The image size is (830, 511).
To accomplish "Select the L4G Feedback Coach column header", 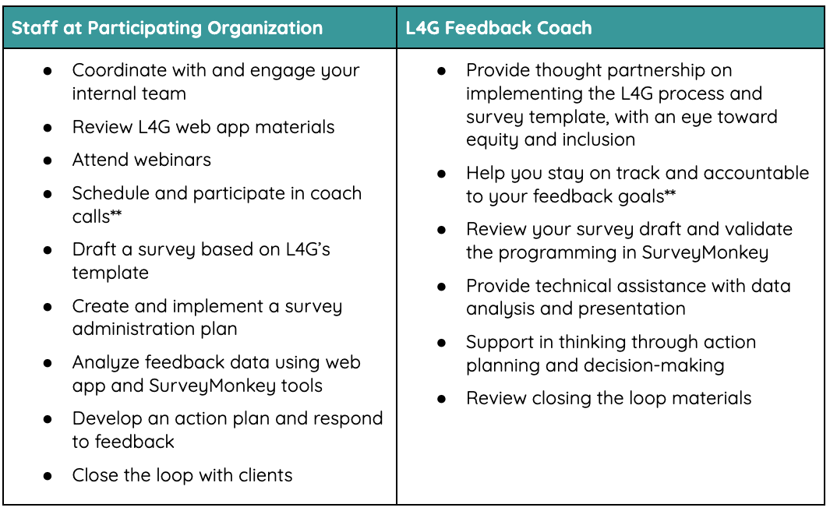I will (x=499, y=28).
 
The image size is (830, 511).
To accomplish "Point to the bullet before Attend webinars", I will (x=48, y=160).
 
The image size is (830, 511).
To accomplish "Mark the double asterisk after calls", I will (x=116, y=213).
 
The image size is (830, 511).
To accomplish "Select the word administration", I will (x=122, y=329).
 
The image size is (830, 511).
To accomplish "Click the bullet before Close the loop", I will (x=48, y=475).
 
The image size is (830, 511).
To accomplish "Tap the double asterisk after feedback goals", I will (x=670, y=194).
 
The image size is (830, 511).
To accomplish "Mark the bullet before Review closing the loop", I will (x=442, y=399).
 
